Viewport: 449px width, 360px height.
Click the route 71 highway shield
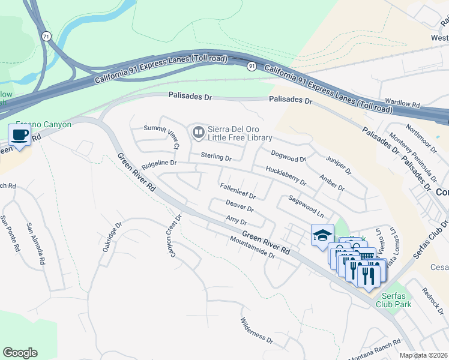(46, 36)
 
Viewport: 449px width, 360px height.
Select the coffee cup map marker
(19, 135)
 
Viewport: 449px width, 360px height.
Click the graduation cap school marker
(322, 236)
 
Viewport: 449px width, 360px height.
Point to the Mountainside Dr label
(252, 247)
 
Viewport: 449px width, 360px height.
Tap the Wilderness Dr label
(257, 331)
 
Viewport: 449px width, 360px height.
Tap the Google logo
(20, 353)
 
